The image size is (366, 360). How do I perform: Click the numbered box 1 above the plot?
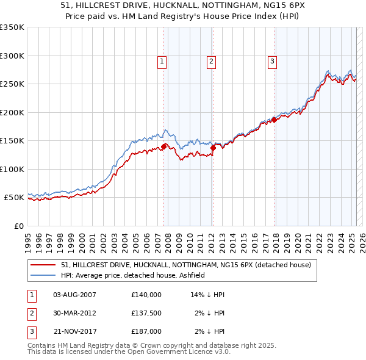click(x=162, y=60)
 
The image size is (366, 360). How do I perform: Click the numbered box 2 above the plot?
click(x=210, y=60)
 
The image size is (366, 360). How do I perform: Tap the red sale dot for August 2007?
click(x=164, y=146)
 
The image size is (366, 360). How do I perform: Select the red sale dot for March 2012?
click(x=213, y=148)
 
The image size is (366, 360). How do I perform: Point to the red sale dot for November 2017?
click(x=274, y=120)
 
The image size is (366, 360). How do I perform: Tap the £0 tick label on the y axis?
click(x=19, y=226)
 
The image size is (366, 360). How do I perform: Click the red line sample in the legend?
click(x=42, y=265)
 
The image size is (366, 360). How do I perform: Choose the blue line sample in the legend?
click(x=42, y=275)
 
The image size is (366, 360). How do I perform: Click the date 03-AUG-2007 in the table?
click(x=75, y=295)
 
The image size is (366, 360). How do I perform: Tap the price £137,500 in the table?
click(x=146, y=313)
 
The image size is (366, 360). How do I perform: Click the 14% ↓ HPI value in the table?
click(x=208, y=295)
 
